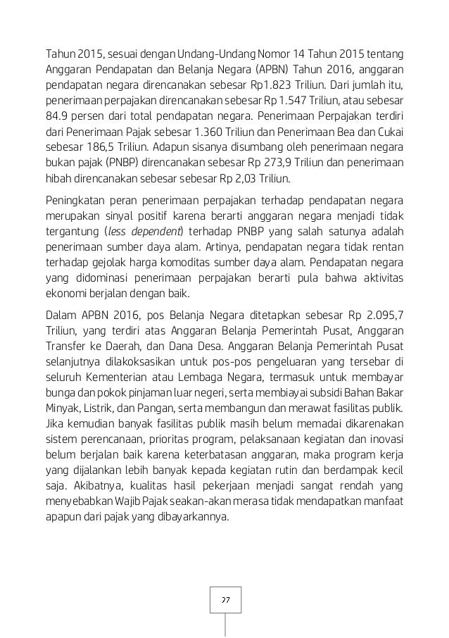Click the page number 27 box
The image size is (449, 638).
coord(225,599)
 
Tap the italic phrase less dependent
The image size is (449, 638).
coord(145,233)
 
